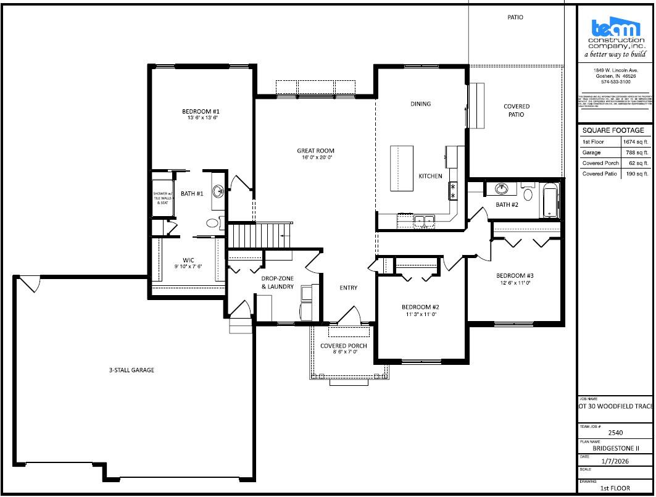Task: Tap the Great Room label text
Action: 315,151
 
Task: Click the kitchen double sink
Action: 424,220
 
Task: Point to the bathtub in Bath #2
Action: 549,201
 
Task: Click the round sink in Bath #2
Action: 502,189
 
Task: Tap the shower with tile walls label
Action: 163,198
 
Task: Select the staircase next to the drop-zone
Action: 259,235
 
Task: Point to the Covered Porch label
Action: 343,346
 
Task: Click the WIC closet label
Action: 188,260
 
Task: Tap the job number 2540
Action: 615,433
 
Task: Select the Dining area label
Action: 421,104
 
